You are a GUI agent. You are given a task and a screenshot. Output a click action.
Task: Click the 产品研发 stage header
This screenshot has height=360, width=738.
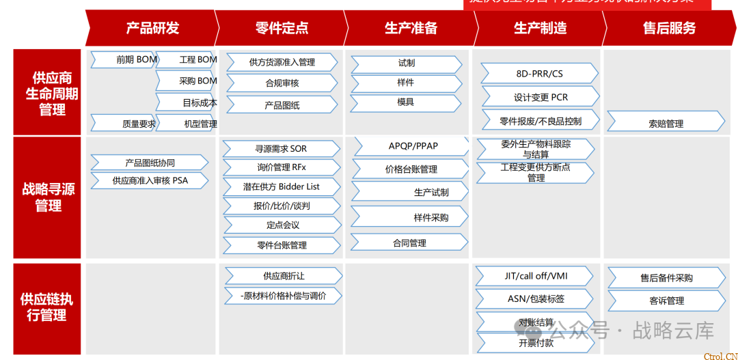click(x=152, y=28)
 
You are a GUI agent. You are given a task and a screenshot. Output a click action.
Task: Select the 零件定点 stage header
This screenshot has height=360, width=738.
click(x=281, y=28)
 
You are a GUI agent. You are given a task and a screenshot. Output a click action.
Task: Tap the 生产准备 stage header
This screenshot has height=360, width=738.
click(x=410, y=28)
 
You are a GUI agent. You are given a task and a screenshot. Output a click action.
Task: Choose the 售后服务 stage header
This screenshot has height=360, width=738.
click(x=669, y=28)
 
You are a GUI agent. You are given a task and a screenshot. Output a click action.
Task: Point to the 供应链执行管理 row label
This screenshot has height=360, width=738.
click(x=48, y=307)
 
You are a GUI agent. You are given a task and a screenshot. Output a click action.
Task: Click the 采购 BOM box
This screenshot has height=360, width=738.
click(x=188, y=81)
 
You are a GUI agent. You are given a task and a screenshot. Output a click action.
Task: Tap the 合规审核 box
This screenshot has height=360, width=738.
click(x=282, y=83)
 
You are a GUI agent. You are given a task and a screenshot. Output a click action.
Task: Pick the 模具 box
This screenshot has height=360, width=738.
click(x=406, y=102)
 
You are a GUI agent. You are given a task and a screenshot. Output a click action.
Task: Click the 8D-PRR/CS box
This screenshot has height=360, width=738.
click(x=539, y=74)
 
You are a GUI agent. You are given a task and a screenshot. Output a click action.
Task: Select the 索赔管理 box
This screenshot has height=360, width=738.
click(x=666, y=124)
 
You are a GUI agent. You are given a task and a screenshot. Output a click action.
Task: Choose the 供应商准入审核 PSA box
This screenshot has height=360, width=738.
click(x=150, y=181)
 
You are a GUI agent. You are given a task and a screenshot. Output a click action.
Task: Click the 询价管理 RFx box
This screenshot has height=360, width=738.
click(x=282, y=167)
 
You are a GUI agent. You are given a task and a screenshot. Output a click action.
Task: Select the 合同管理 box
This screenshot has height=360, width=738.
click(x=409, y=243)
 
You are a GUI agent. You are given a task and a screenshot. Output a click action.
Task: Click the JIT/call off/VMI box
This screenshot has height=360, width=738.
click(x=536, y=277)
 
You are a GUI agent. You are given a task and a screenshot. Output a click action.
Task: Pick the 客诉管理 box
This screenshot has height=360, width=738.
click(x=666, y=301)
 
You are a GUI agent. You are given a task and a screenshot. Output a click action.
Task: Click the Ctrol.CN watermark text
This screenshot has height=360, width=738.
click(x=720, y=355)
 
